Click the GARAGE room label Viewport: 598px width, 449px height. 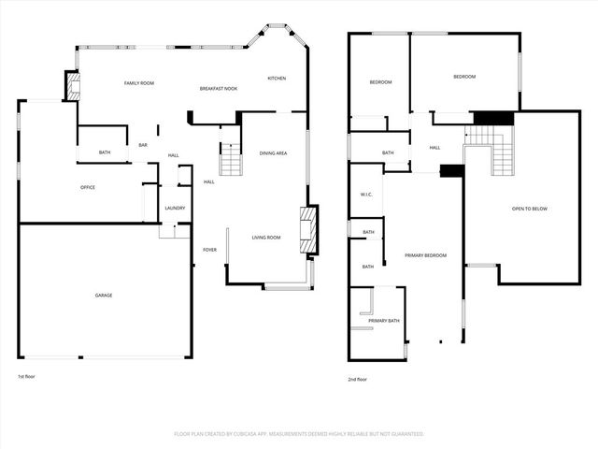pyautogui.click(x=104, y=296)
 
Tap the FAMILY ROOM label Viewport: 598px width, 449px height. pyautogui.click(x=139, y=83)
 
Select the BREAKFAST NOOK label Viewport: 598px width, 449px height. pyautogui.click(x=219, y=88)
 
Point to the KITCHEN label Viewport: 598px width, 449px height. pyautogui.click(x=277, y=78)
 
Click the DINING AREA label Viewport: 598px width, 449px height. pyautogui.click(x=273, y=152)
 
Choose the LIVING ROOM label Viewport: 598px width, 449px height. pyautogui.click(x=266, y=238)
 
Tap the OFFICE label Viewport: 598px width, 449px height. pyautogui.click(x=88, y=187)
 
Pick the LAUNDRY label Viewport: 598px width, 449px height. pyautogui.click(x=175, y=208)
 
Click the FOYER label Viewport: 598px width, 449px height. pyautogui.click(x=210, y=250)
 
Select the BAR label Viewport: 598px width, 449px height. pyautogui.click(x=143, y=145)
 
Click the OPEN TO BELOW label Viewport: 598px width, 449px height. pyautogui.click(x=529, y=209)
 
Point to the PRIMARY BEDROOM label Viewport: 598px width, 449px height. pyautogui.click(x=425, y=255)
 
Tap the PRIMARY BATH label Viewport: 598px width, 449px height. pyautogui.click(x=384, y=321)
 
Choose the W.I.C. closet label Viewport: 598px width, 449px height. pyautogui.click(x=367, y=195)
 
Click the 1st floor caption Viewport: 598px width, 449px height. pyautogui.click(x=27, y=377)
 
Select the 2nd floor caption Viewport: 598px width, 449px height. pyautogui.click(x=357, y=379)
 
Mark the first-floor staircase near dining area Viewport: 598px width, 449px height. pyautogui.click(x=230, y=161)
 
